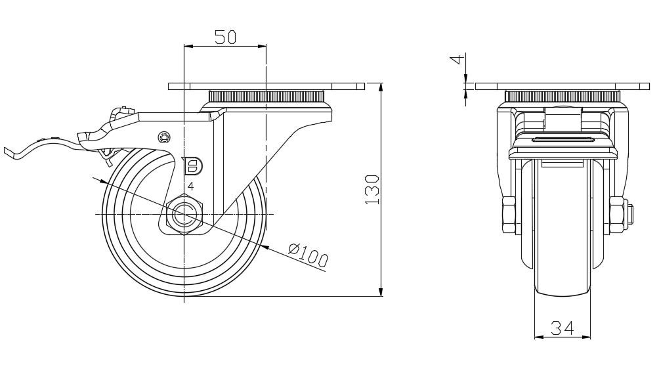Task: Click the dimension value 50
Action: (225, 37)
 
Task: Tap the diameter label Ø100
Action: (307, 255)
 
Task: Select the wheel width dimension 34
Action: (563, 327)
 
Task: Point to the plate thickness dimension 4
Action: (461, 64)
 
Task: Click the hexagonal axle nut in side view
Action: (186, 215)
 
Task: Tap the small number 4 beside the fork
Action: (190, 186)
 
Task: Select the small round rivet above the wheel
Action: (164, 137)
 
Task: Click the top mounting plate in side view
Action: (266, 86)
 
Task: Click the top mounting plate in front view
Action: (562, 86)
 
